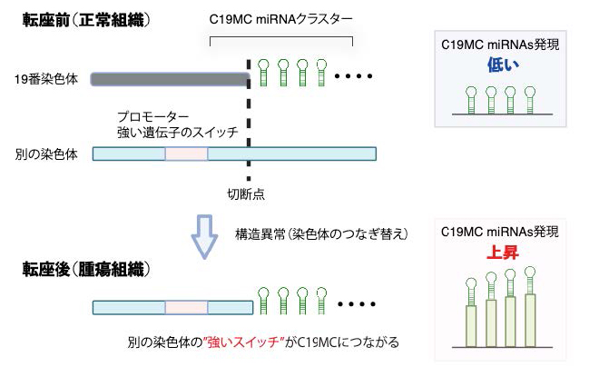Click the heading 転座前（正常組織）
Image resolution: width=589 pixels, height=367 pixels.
coord(86,20)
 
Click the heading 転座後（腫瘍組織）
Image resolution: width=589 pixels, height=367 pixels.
coord(86,269)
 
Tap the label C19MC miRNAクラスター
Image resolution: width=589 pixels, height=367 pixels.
coord(281,19)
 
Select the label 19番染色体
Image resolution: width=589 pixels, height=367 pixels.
coord(46,79)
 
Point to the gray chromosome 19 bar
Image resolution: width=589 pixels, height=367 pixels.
coord(170,79)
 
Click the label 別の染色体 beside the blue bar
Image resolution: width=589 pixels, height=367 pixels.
coord(46,154)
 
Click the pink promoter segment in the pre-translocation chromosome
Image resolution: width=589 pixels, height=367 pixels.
coord(186,154)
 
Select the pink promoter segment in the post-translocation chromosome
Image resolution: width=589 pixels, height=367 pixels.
coord(186,308)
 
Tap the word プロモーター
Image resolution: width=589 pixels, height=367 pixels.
coord(152,116)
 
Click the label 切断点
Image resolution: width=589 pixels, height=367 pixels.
coord(246,194)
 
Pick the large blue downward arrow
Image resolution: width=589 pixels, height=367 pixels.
coord(205,237)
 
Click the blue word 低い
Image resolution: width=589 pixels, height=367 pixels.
coord(503,64)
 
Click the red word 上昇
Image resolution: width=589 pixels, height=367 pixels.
coord(503,253)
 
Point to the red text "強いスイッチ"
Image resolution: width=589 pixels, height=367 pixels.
coord(243,342)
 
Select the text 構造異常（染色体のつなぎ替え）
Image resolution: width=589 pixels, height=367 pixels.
coord(321,233)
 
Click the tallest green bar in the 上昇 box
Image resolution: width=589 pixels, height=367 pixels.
coord(530,321)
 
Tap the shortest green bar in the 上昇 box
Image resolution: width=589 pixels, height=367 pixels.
coord(471,326)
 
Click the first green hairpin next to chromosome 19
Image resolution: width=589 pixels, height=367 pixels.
coord(263,73)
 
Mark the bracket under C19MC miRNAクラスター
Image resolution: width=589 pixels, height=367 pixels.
coord(281,37)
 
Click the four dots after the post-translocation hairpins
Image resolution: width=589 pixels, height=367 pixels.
coord(357,303)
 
